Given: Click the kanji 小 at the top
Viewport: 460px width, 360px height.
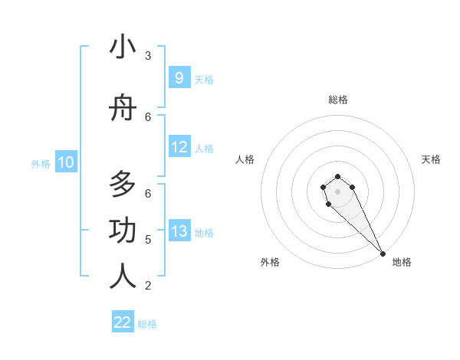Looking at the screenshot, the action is (123, 47).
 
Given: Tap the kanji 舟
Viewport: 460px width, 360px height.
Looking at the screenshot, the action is (123, 110).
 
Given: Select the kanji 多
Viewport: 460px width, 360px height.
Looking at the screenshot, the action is (123, 186).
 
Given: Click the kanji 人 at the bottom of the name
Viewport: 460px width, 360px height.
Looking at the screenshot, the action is (123, 277).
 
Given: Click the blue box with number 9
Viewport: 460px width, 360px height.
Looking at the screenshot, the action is (179, 78).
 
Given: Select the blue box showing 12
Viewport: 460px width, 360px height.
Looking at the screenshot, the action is (179, 147).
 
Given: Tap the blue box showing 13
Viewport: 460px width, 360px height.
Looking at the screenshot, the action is (179, 231).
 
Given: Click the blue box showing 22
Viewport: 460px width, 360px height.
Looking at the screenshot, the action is (123, 322).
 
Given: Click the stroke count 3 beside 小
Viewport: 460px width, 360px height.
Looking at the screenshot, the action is (148, 56).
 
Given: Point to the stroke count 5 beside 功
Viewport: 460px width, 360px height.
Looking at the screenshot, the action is (148, 240).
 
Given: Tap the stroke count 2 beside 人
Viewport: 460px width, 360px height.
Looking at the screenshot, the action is (148, 286).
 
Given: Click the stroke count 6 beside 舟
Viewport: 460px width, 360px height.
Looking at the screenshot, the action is (148, 116).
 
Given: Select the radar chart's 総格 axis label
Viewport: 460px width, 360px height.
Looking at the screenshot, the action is (338, 100).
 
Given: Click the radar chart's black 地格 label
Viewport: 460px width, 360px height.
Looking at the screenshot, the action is (402, 262).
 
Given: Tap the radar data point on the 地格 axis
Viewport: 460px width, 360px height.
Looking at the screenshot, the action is (383, 254).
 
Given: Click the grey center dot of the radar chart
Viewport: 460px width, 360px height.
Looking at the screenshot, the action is (337, 191).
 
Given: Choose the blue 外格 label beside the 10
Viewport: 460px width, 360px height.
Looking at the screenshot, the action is (41, 163).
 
